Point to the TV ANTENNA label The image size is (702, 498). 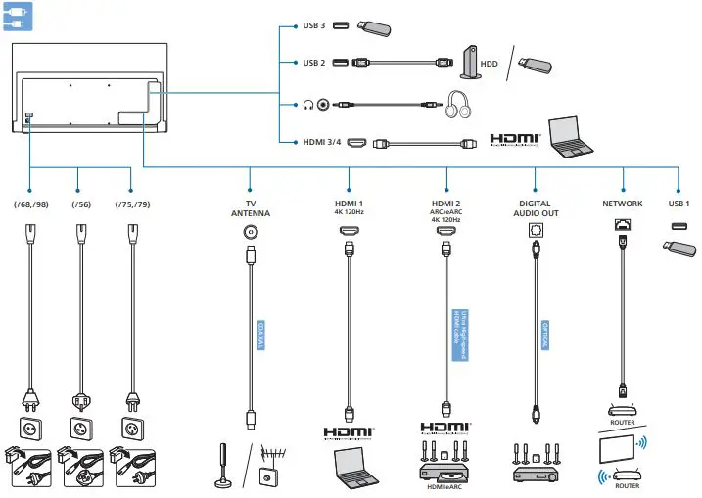tap(250, 207)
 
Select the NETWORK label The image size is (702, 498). tap(623, 204)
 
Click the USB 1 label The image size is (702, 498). tap(679, 204)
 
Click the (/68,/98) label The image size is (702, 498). tap(29, 204)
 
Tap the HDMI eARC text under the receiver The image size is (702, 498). tap(446, 487)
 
